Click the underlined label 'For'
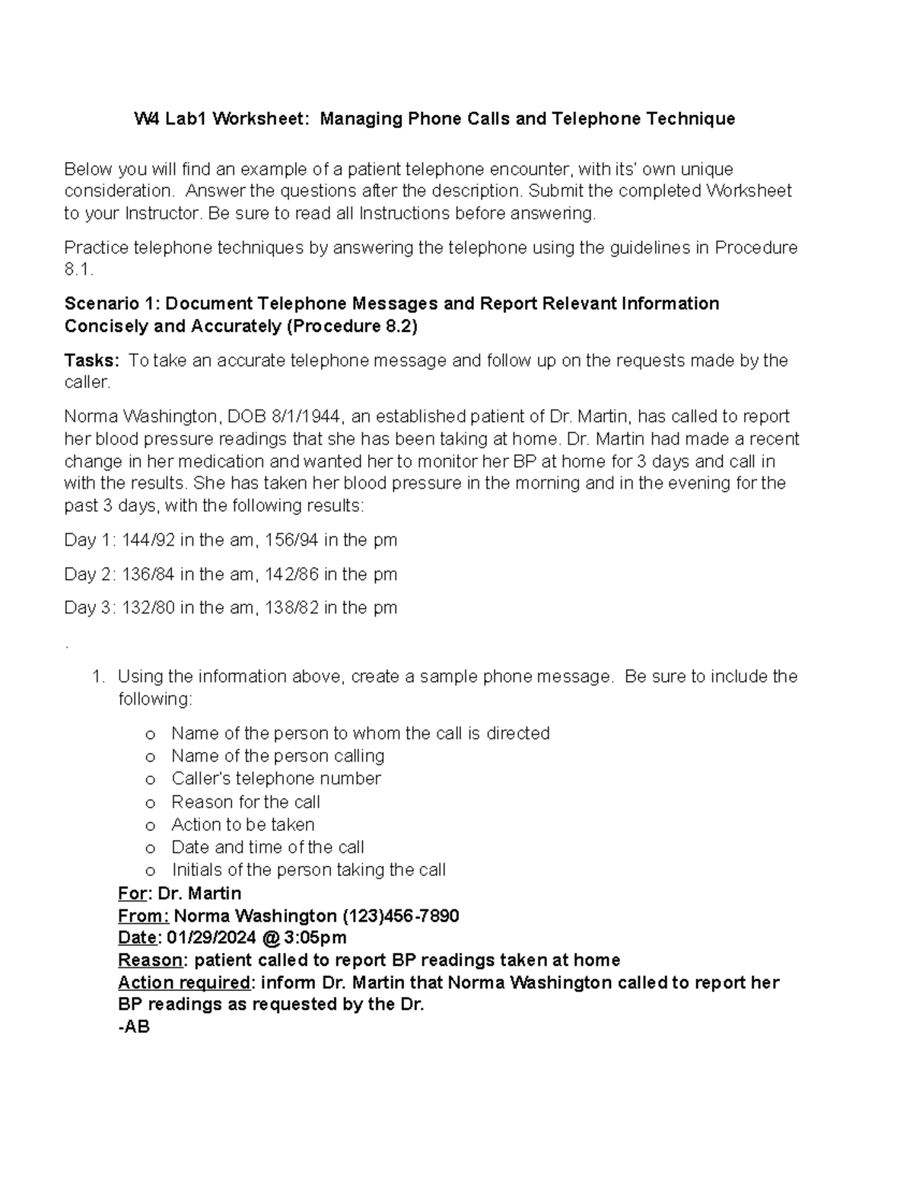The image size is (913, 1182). click(x=132, y=893)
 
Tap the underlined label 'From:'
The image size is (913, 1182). click(x=143, y=915)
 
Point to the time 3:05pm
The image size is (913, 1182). click(x=315, y=937)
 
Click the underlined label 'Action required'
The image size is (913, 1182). click(x=184, y=982)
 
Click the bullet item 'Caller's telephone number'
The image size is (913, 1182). click(x=275, y=779)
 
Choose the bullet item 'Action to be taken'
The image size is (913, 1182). click(x=243, y=824)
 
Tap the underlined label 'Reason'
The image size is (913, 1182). click(x=150, y=960)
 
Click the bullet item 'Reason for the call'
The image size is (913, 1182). click(x=245, y=801)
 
